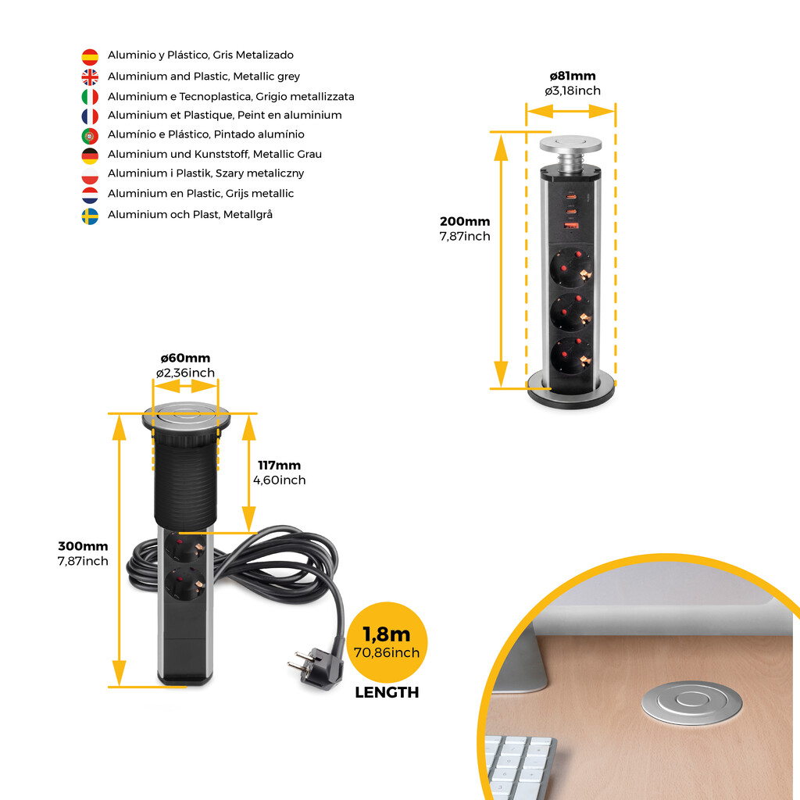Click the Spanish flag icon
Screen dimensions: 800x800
click(x=90, y=56)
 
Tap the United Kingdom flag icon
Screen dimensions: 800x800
click(x=90, y=77)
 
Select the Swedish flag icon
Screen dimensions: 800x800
click(x=90, y=216)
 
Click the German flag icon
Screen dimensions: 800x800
click(x=90, y=156)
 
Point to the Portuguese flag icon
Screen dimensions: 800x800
click(x=90, y=136)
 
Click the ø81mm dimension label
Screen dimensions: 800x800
click(x=573, y=76)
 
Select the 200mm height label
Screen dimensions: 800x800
click(x=465, y=221)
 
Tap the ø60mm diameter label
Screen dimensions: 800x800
click(x=185, y=358)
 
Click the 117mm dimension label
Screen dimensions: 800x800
click(x=279, y=466)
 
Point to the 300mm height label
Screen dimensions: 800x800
click(x=83, y=546)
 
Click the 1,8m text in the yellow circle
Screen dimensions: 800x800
click(x=386, y=634)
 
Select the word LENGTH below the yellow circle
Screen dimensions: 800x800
click(x=387, y=692)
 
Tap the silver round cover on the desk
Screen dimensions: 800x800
click(x=691, y=702)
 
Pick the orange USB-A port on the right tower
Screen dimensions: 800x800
click(x=570, y=225)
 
